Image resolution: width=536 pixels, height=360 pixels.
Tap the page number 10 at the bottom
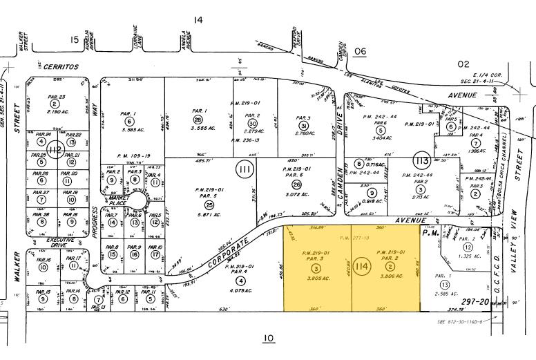click(269, 338)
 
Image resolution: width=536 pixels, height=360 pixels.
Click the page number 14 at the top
click(198, 20)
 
